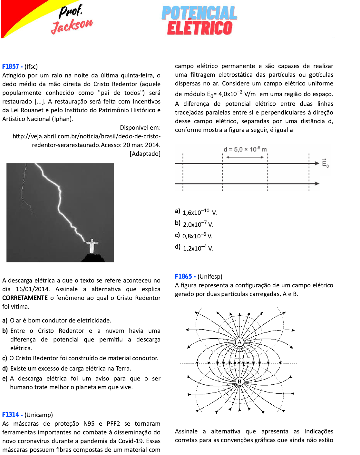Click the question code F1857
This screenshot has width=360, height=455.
[11, 66]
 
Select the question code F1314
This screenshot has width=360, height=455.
[11, 415]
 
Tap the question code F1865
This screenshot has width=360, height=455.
[183, 276]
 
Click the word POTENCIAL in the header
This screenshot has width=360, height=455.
[199, 13]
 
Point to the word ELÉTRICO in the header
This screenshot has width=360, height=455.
[199, 28]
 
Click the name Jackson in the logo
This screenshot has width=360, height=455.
[72, 26]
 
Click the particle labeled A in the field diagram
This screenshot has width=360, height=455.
[239, 342]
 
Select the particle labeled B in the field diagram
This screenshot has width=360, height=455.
[239, 381]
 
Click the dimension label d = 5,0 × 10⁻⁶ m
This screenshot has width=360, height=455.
[245, 149]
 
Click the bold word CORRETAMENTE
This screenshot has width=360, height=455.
[25, 298]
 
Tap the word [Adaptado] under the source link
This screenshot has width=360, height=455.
[145, 154]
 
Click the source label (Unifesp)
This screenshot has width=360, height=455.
[210, 276]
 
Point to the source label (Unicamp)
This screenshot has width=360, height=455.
[38, 415]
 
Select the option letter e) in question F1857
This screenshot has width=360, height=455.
[5, 379]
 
